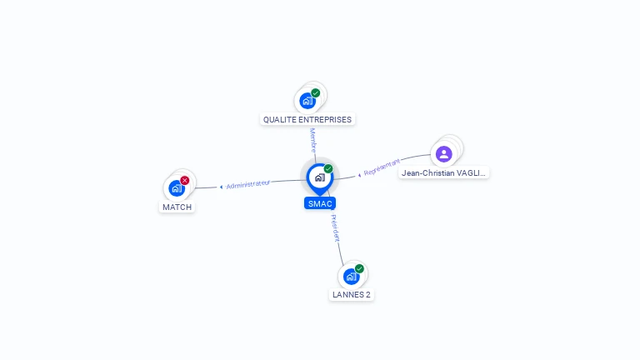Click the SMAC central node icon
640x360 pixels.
point(319,177)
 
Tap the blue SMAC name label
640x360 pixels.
point(320,203)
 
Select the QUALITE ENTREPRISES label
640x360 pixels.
point(307,119)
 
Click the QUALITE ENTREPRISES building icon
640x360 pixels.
point(307,101)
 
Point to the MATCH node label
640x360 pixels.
point(177,207)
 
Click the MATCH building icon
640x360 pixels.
point(177,188)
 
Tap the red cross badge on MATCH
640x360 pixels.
point(185,180)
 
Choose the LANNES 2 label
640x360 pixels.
point(351,294)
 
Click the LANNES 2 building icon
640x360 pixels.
point(351,276)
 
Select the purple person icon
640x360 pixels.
point(443,153)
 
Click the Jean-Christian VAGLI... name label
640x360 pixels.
point(443,173)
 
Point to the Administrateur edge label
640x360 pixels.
point(248,184)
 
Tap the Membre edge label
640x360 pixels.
point(313,139)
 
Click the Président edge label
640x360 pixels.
point(335,228)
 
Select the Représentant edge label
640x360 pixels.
point(382,167)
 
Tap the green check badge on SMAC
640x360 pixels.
point(328,168)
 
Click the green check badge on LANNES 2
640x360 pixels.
point(359,268)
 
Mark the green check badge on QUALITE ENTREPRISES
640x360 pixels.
point(316,93)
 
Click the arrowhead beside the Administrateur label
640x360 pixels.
point(221,187)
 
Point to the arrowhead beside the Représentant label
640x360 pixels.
point(359,175)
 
